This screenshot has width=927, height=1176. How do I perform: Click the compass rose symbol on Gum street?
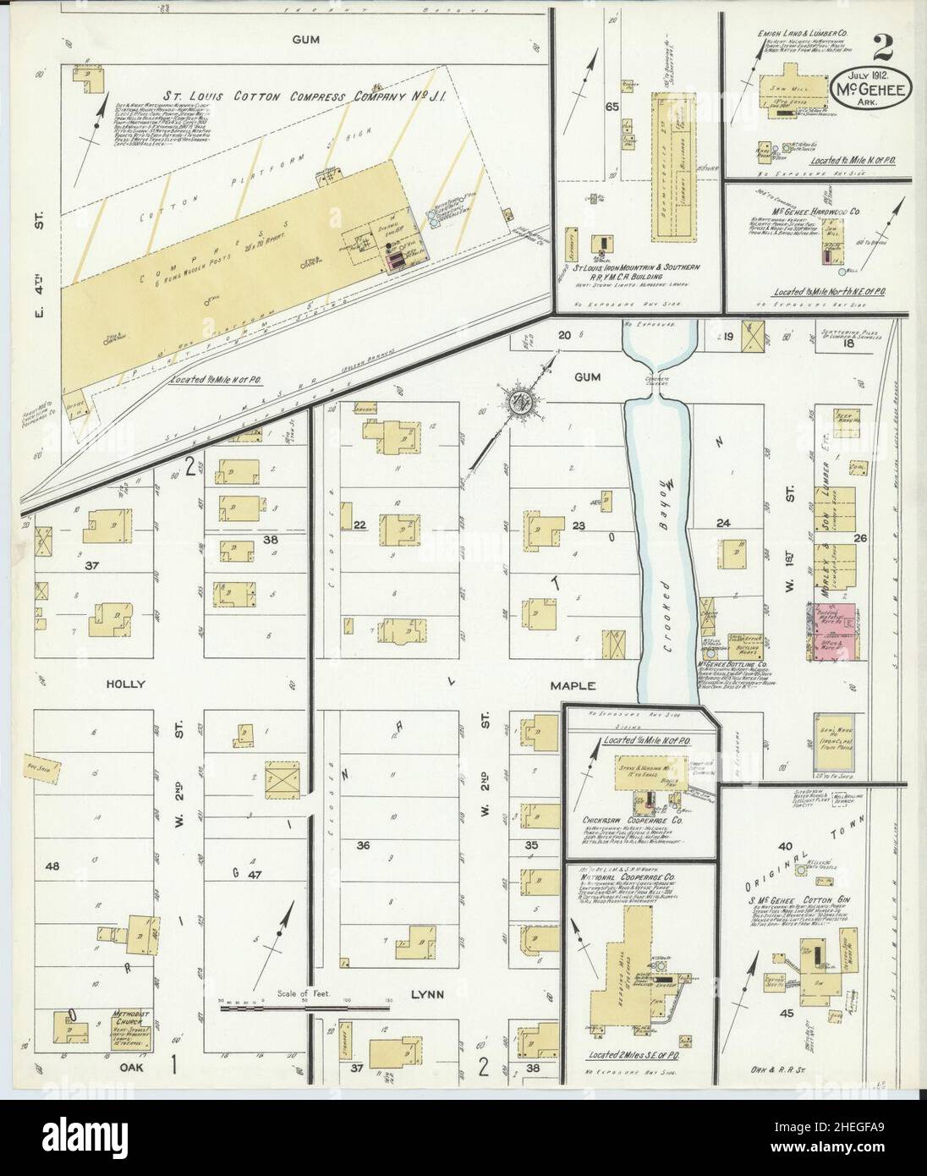click(x=517, y=400)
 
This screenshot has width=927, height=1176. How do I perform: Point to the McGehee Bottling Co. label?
click(x=733, y=664)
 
